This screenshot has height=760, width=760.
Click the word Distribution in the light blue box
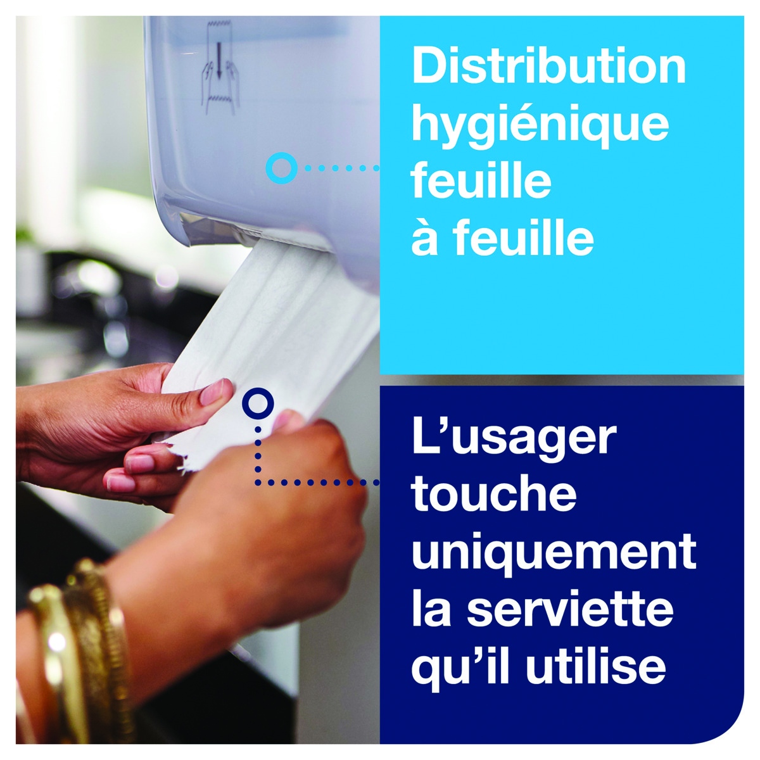(548, 65)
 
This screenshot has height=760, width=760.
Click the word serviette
(570, 610)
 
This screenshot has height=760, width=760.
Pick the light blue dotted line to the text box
(342, 168)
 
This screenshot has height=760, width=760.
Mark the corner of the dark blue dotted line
(258, 482)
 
